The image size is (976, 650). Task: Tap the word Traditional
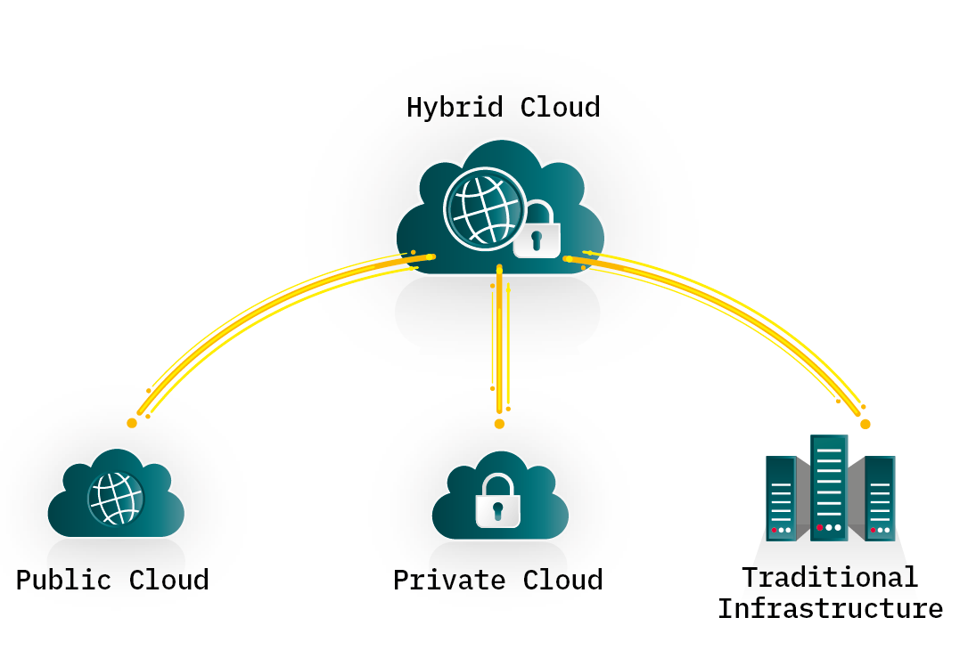click(x=829, y=577)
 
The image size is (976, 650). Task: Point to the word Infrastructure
click(x=829, y=609)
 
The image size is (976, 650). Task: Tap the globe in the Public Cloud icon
click(x=115, y=498)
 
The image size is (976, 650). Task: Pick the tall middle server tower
click(x=829, y=487)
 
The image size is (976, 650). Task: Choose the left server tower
click(x=781, y=498)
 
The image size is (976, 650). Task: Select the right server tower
click(x=880, y=498)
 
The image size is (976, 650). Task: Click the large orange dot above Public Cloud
click(x=132, y=423)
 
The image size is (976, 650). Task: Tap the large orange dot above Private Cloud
click(x=499, y=424)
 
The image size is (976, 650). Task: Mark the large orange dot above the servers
click(x=865, y=424)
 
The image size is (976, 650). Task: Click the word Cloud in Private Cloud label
click(x=562, y=580)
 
